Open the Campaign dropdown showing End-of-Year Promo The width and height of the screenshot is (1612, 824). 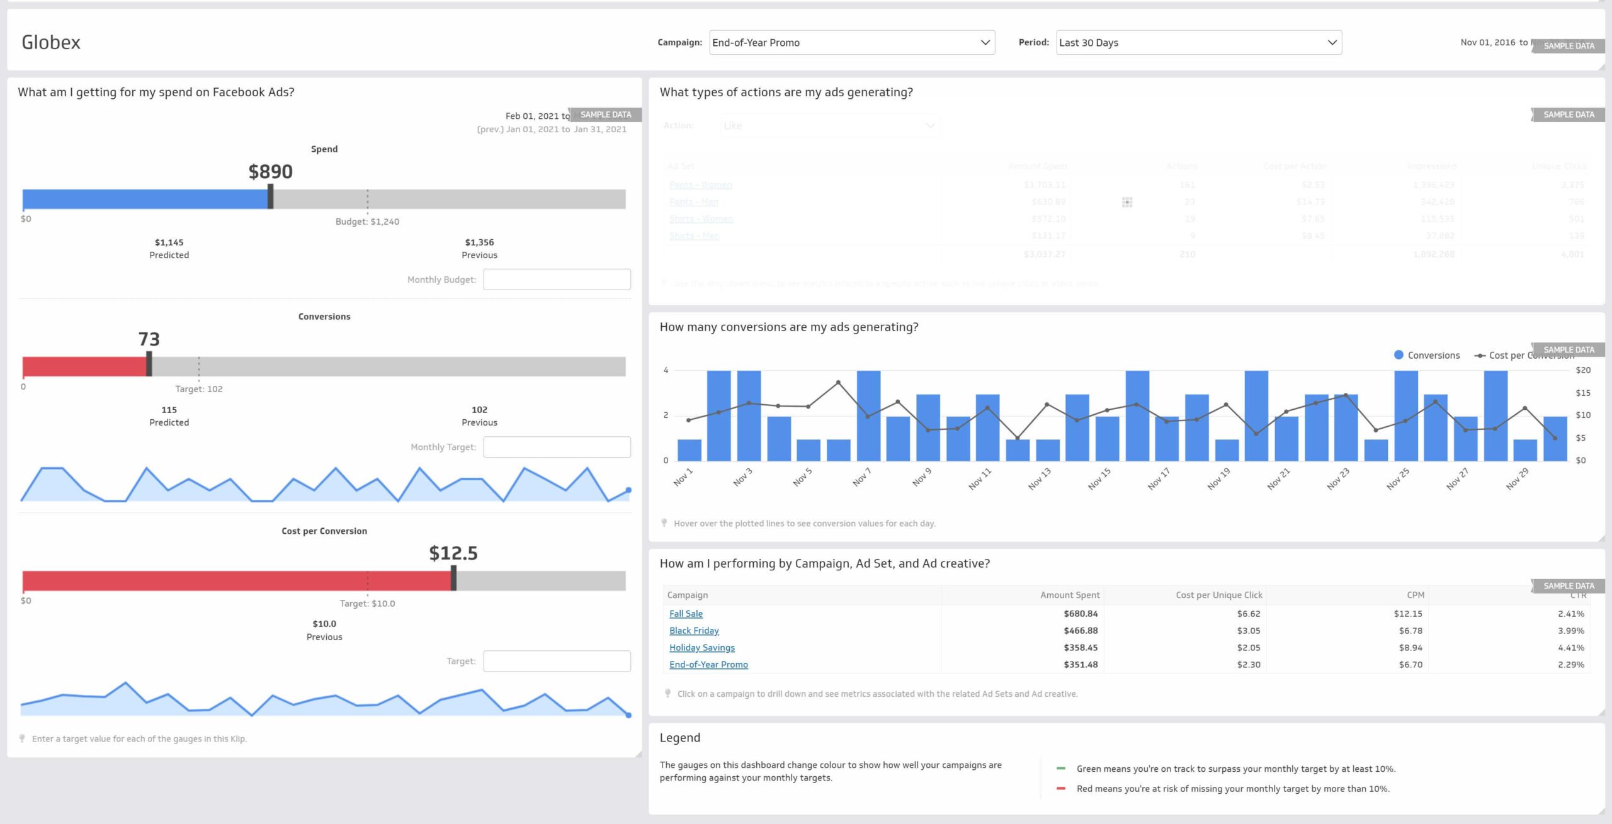(851, 43)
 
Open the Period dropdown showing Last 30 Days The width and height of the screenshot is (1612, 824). (1198, 43)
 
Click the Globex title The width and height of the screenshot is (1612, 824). (51, 42)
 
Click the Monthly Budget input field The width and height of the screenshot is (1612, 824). (557, 279)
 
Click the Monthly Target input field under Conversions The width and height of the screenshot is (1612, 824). (557, 447)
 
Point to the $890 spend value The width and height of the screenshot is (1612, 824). (270, 172)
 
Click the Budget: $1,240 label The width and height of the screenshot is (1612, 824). (367, 222)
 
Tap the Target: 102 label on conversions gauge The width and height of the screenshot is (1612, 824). (198, 389)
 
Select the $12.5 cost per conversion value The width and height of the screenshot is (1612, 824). (453, 553)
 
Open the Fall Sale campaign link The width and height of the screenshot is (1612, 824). (686, 614)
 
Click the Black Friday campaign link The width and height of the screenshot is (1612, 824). (694, 631)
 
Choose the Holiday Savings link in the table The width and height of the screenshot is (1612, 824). (701, 648)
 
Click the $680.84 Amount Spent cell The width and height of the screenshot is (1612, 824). (1081, 614)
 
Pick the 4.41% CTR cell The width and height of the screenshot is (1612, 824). (1570, 648)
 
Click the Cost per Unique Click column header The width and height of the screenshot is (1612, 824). (1218, 595)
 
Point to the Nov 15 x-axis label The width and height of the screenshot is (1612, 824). (1099, 478)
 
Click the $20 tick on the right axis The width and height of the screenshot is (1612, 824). (1582, 370)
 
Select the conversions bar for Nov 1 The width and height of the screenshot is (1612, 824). (689, 450)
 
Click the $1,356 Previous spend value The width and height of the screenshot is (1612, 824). (479, 242)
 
